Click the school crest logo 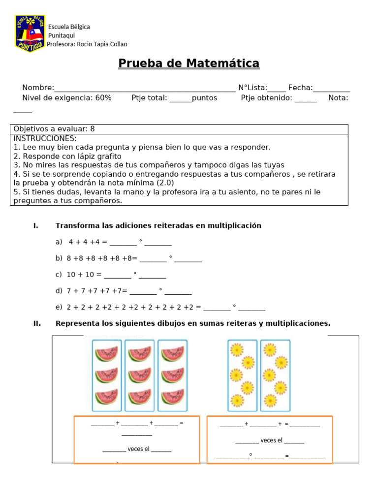[31, 33]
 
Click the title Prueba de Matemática [189, 63]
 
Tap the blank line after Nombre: [145, 89]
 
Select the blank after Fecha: [331, 89]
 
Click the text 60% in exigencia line [103, 98]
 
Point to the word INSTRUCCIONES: [45, 138]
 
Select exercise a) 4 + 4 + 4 [87, 242]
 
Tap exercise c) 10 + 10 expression [85, 275]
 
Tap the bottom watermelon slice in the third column [172, 396]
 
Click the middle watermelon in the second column [139, 375]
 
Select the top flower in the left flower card [237, 350]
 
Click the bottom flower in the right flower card [269, 401]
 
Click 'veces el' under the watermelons [138, 449]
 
